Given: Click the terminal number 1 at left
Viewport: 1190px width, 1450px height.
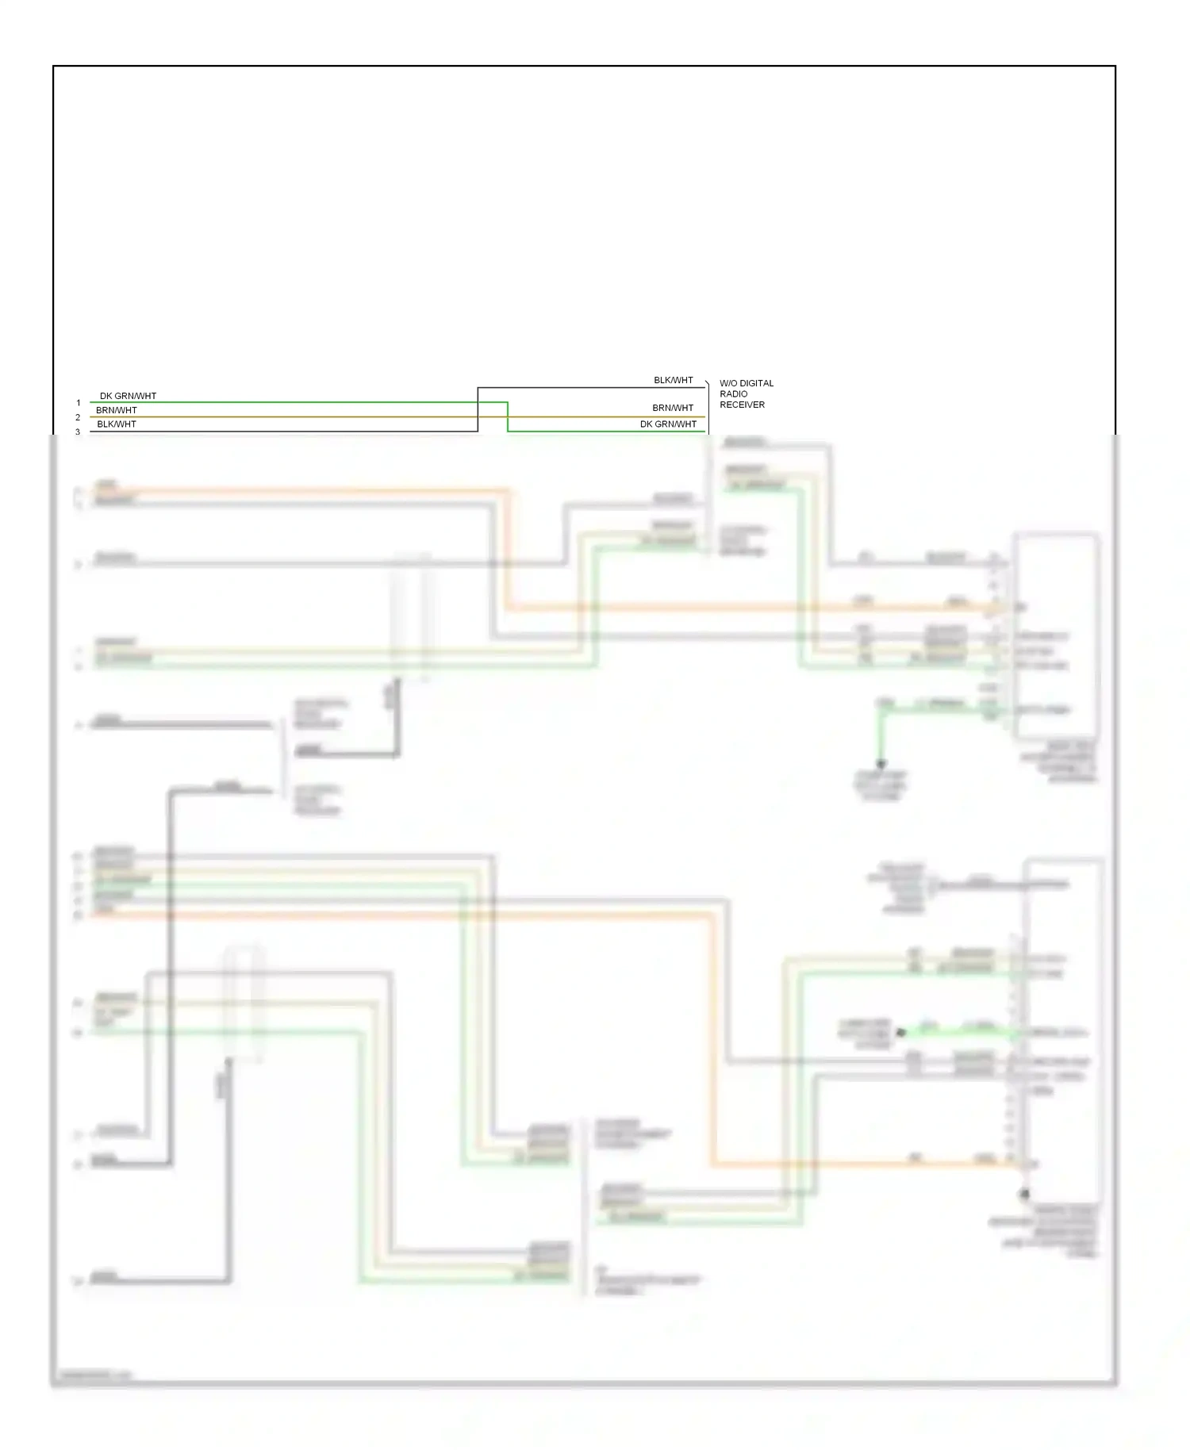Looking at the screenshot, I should [x=79, y=403].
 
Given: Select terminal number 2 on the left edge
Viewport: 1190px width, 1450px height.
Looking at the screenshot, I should [x=78, y=417].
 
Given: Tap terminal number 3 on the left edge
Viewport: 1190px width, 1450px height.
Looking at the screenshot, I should [x=78, y=432].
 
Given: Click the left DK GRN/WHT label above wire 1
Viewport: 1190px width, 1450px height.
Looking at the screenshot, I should [x=128, y=396].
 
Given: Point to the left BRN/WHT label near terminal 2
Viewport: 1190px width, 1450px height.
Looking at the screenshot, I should [x=117, y=410].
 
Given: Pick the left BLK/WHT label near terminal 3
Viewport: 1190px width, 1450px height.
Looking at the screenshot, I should [x=117, y=424].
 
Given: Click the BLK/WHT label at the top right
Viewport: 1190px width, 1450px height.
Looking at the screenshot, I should [x=673, y=381].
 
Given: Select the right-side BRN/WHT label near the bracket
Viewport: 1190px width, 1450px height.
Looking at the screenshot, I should [x=673, y=408].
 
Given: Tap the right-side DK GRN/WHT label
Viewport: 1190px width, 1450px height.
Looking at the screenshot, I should [x=668, y=424].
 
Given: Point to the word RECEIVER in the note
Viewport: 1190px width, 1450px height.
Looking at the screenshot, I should [x=742, y=405].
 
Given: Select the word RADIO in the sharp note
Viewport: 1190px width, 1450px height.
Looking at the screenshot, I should [x=733, y=393].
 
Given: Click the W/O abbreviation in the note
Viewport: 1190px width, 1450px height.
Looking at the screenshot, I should [x=728, y=383].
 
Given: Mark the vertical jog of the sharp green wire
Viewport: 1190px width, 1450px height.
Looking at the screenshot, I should [x=508, y=417].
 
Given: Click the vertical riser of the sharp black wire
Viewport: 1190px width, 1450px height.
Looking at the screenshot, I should [x=478, y=409].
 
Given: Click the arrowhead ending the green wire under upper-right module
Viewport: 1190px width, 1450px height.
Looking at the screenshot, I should [x=881, y=765].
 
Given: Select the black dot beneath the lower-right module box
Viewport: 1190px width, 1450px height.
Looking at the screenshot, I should [x=1024, y=1194].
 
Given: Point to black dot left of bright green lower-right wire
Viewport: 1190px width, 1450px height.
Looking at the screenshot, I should [x=900, y=1033].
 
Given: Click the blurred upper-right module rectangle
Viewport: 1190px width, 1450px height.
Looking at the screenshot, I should [x=1055, y=635].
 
